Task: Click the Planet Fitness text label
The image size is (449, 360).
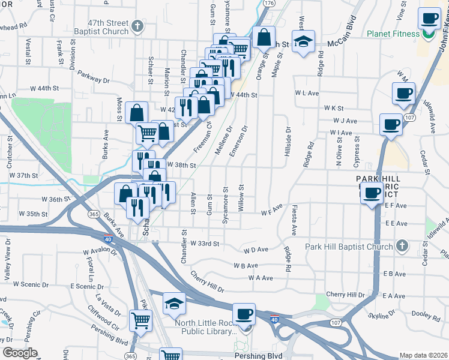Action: (393, 34)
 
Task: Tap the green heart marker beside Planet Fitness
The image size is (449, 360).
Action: (428, 34)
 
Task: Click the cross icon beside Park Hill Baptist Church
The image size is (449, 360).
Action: (402, 246)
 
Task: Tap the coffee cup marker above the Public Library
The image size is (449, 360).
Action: (244, 314)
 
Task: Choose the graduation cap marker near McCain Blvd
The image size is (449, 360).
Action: (304, 43)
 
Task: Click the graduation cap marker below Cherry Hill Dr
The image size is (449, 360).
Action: (174, 304)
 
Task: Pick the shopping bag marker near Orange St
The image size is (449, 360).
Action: (264, 38)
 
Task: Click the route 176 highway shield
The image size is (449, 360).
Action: (268, 3)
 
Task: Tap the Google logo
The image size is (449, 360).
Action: (20, 353)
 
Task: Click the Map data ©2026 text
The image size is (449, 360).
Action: (424, 355)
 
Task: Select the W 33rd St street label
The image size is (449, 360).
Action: (205, 244)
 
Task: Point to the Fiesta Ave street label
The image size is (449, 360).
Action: (294, 221)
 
